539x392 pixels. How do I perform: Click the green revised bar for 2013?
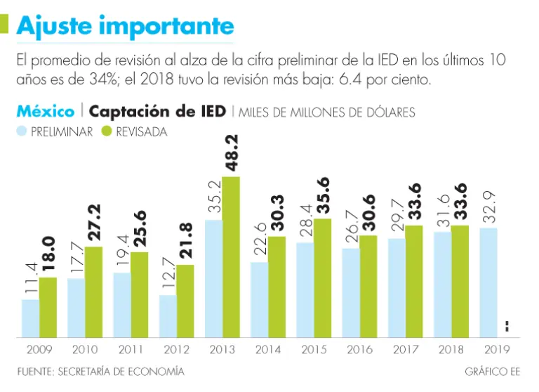tap(231, 256)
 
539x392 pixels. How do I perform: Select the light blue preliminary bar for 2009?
tap(30, 318)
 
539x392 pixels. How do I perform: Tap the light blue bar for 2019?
tap(488, 282)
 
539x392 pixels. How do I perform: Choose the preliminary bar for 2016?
tap(351, 292)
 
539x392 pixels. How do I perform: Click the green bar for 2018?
tap(460, 281)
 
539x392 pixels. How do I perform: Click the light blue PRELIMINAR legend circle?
tap(21, 131)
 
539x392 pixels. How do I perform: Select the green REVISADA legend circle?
tap(107, 131)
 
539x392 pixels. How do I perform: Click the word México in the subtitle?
tap(46, 112)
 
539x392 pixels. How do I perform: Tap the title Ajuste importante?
tap(125, 26)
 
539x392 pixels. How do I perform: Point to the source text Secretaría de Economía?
tap(101, 371)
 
